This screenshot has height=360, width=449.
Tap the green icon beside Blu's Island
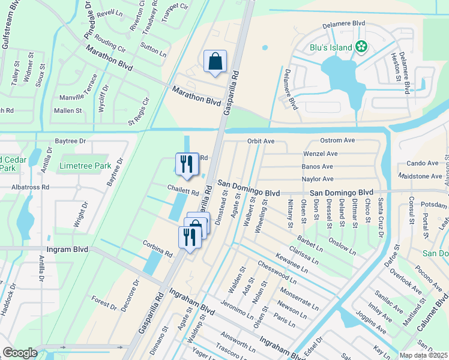click(361, 46)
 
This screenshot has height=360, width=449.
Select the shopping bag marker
click(215, 62)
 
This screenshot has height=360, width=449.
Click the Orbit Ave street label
click(261, 141)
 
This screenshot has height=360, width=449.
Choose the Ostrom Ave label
click(338, 140)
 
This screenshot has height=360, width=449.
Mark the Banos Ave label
click(318, 166)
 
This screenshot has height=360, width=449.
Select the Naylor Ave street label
click(318, 179)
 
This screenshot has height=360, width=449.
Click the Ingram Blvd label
click(68, 249)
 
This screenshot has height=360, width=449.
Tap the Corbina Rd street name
click(157, 250)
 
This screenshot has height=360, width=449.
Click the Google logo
click(20, 352)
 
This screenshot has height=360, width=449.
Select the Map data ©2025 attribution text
click(424, 355)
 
